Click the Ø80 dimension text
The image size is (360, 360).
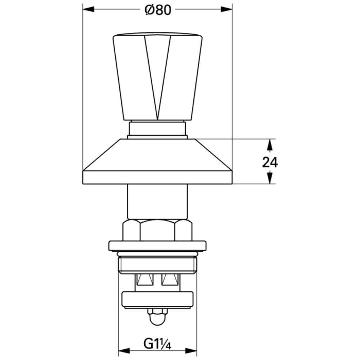coord(157,9)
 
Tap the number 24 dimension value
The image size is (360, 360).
coord(269,162)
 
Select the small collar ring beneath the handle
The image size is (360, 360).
coord(157,130)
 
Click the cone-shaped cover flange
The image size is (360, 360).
coord(157,162)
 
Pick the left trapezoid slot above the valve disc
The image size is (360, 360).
coord(143,281)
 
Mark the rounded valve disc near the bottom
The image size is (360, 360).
coord(157,299)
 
